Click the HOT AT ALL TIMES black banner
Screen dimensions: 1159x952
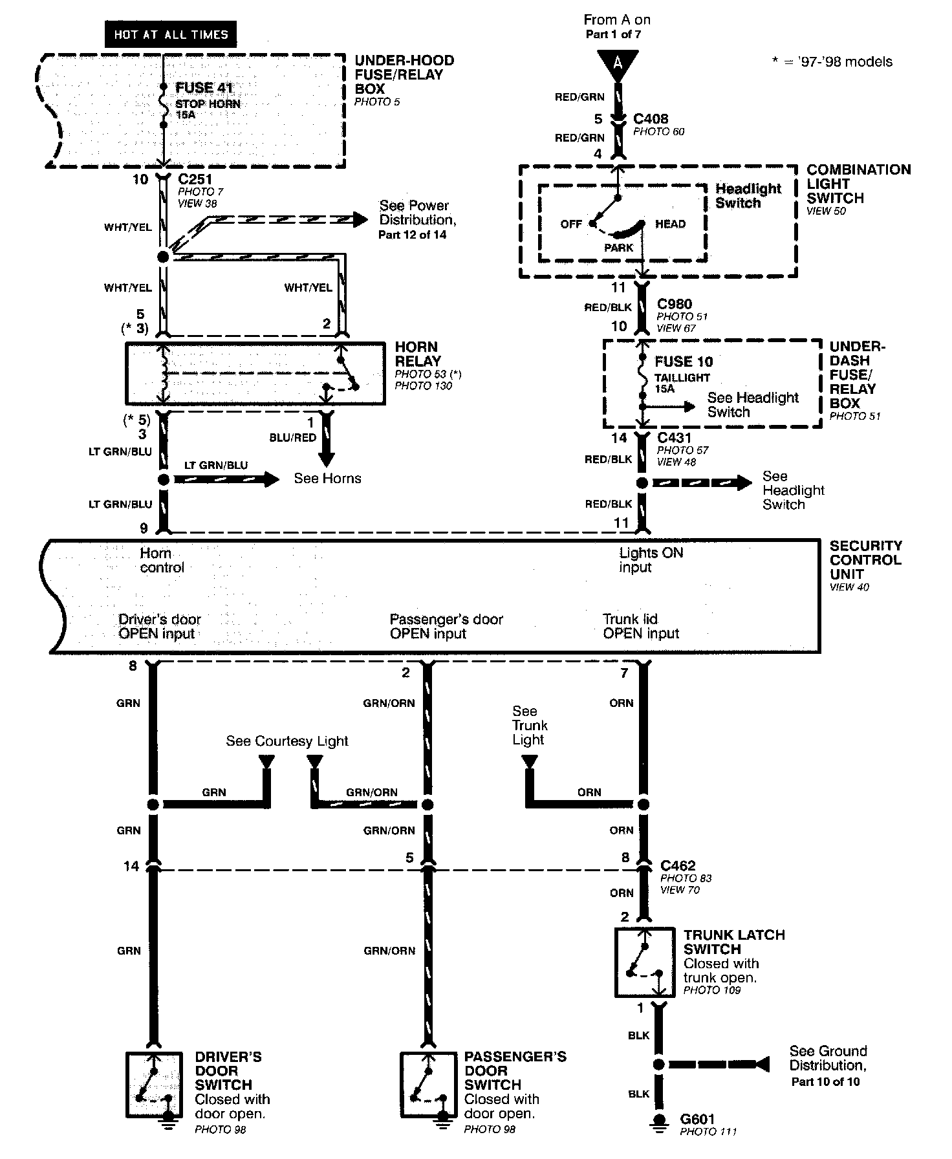pos(171,34)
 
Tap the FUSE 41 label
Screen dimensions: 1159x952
pos(204,88)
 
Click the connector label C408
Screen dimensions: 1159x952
pos(651,119)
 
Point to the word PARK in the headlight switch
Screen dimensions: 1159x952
pos(619,248)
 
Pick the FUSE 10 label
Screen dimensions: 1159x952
pos(684,362)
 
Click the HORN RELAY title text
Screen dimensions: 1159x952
pos(418,354)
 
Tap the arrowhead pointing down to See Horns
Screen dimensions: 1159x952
pos(327,459)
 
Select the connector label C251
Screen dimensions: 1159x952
pos(195,179)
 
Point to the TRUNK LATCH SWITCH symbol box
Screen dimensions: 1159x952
pos(644,963)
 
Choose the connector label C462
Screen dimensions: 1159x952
pos(678,865)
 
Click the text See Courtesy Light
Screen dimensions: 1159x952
pos(287,741)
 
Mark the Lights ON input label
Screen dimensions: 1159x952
pos(651,560)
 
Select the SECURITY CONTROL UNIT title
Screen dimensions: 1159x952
pos(865,560)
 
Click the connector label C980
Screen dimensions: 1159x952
pos(675,304)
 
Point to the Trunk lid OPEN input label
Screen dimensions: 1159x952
pos(641,626)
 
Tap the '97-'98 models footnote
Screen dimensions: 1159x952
pos(832,62)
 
